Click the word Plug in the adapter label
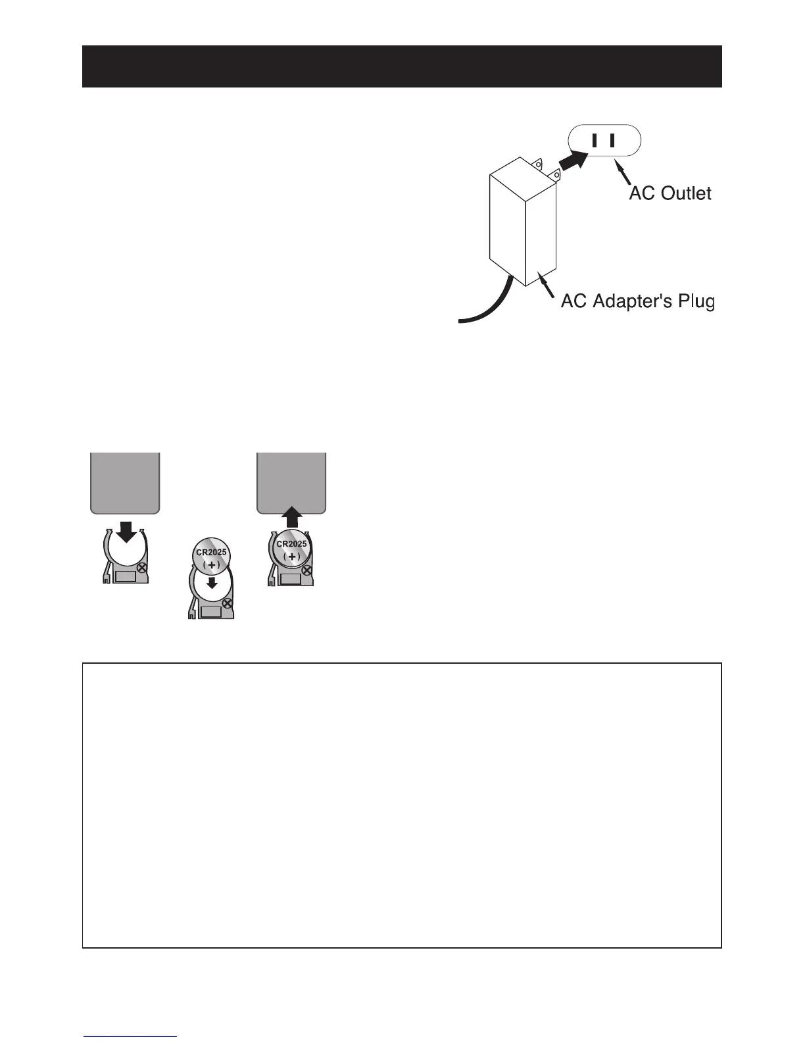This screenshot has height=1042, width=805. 693,302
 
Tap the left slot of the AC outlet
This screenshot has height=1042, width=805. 594,140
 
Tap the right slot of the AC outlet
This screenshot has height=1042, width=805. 612,140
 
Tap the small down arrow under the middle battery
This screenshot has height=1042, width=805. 211,583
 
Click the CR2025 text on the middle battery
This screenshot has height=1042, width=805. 211,552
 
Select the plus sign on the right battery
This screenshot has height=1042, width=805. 292,557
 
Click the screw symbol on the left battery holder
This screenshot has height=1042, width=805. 141,567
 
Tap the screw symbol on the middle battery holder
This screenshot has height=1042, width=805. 228,603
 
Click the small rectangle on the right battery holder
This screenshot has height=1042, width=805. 291,579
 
